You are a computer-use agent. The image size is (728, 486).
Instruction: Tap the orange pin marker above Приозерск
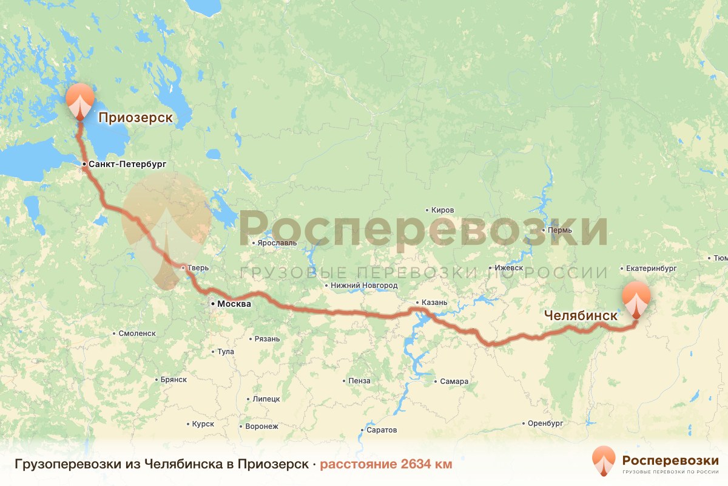coord(79,100)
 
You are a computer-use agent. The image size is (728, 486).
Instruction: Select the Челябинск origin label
coord(581,316)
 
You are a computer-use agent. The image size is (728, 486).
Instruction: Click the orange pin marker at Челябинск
coord(636,298)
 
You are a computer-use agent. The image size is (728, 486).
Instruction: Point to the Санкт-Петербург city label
coord(127,164)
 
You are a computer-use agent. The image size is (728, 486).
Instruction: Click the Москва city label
coord(234,304)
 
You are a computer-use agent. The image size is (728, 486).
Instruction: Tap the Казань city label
coord(435,303)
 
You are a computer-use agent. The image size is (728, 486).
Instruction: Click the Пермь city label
coord(559,231)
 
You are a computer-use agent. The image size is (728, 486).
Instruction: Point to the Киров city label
coord(442,210)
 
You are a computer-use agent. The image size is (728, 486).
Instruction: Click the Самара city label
coord(455,382)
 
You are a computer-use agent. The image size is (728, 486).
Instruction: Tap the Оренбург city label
coord(546,423)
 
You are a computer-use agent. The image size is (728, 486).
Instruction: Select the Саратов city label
coord(382,430)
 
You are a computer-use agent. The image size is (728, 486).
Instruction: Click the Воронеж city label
coord(261,426)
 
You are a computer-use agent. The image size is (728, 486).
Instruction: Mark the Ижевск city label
coord(508,267)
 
